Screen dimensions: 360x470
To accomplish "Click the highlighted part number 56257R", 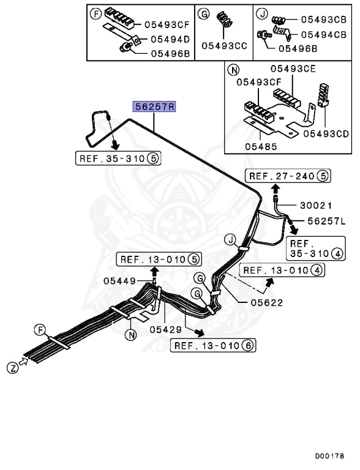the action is click(x=154, y=106).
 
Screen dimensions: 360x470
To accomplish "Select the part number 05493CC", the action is click(x=225, y=46).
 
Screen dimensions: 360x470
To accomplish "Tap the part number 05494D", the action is click(x=170, y=39).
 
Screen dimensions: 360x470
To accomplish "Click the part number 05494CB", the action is click(x=324, y=34).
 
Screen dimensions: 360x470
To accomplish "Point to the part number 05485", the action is click(x=261, y=147).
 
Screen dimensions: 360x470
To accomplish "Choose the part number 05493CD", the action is click(x=326, y=133).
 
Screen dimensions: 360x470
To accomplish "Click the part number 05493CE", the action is click(x=293, y=69).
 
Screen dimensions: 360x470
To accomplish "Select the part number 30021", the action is click(x=316, y=206).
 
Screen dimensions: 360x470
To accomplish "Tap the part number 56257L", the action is click(x=327, y=221).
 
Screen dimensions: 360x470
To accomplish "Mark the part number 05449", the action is click(x=120, y=281).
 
